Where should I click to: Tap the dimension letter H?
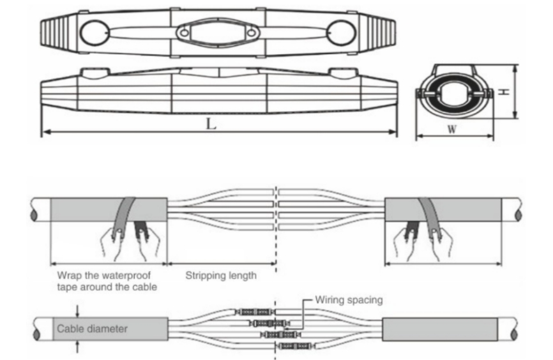pos(504,91)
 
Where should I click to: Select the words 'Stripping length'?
pos(221,276)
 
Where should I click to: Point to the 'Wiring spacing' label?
pos(349,299)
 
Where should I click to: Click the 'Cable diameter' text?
pos(93,329)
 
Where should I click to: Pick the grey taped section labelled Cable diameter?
pos(109,330)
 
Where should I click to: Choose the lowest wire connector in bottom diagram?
pos(295,345)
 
